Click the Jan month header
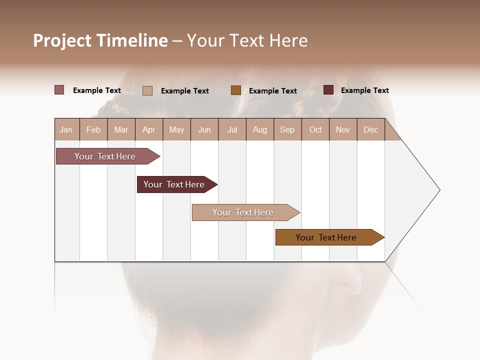point(66,129)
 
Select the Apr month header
point(149,129)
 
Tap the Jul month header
point(232,129)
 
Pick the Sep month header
point(287,129)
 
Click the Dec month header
point(370,129)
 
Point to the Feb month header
point(93,129)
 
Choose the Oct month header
point(315,129)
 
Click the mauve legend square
point(59,90)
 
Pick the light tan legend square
point(147,90)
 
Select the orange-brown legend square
point(236,90)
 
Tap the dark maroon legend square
point(328,90)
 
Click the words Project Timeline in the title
point(100,40)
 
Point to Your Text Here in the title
point(247,40)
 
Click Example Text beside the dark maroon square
point(364,90)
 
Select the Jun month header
point(204,129)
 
